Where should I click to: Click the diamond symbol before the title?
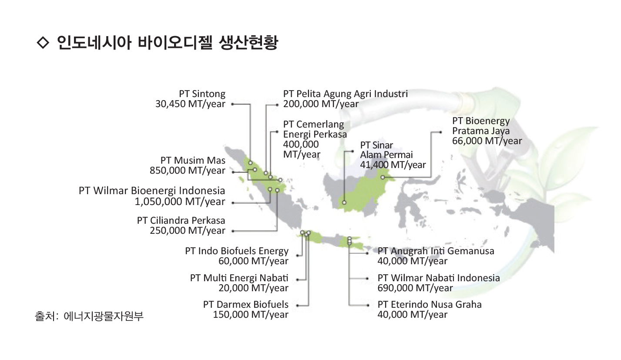[x=43, y=42]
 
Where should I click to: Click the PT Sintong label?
[x=202, y=94]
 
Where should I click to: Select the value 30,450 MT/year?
[x=190, y=104]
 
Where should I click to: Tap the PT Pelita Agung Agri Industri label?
[x=346, y=94]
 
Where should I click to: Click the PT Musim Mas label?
[x=193, y=160]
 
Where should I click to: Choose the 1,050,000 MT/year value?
[x=180, y=202]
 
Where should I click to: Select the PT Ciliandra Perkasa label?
[x=181, y=221]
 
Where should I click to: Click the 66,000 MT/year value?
[x=487, y=141]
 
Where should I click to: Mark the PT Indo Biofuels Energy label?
[x=237, y=251]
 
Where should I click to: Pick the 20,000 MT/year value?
[x=253, y=288]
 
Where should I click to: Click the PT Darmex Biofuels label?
[x=246, y=305]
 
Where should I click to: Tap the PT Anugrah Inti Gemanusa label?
[x=436, y=251]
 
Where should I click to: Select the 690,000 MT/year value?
[x=415, y=288]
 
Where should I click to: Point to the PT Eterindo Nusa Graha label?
[x=430, y=305]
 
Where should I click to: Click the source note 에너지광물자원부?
[x=104, y=316]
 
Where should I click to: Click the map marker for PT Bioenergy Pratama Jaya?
[x=383, y=177]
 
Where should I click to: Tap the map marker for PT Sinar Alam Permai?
[x=344, y=202]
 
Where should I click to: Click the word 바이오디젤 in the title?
[x=175, y=42]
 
